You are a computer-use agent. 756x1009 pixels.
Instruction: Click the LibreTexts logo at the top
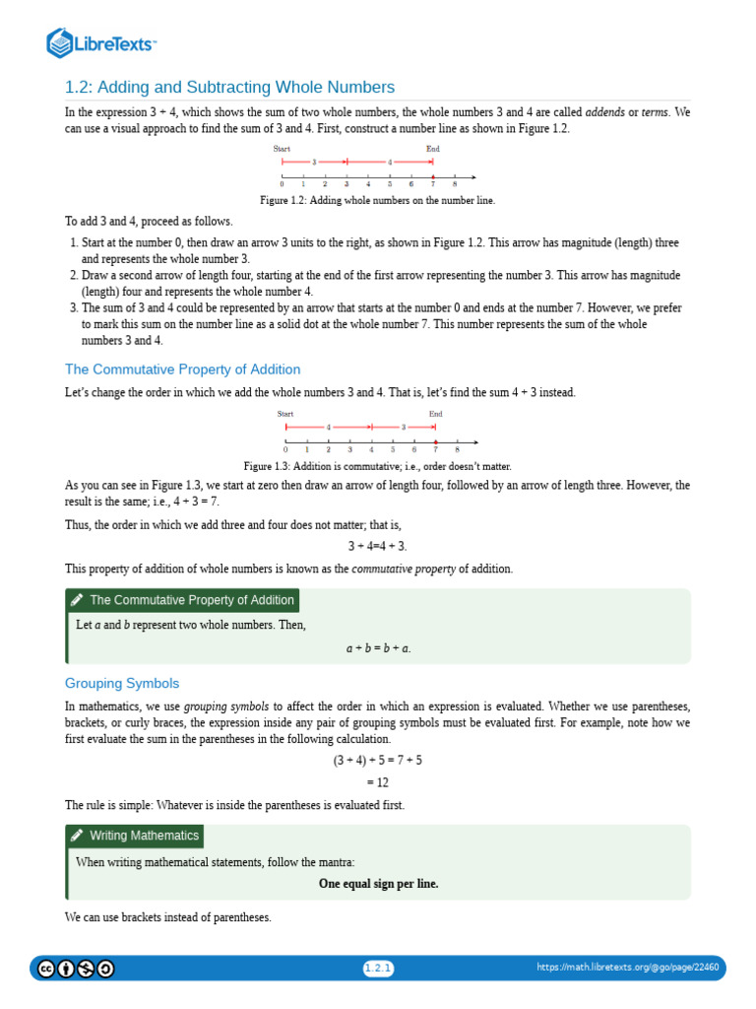pos(102,42)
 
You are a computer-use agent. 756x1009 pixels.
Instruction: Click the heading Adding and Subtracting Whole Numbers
pos(229,87)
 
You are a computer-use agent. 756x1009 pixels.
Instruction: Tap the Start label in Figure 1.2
pos(282,149)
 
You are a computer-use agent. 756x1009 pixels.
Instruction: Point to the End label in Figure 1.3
pos(436,414)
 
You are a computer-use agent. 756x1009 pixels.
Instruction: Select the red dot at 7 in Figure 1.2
pos(434,177)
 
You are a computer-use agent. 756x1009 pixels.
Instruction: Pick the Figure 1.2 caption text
pos(377,200)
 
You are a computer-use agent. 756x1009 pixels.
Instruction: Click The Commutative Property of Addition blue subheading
pos(182,370)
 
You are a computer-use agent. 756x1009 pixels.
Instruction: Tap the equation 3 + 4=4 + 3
pos(377,546)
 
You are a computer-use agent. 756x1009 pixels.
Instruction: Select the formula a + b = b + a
pos(378,648)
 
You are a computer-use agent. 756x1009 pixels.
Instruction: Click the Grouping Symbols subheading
pos(122,683)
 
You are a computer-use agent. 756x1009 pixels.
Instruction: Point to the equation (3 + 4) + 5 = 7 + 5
pos(378,761)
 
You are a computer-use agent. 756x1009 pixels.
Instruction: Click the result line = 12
pos(378,782)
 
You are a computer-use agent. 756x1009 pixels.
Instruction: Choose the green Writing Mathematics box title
pos(145,836)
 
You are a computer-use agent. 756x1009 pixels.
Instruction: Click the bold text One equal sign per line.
pos(378,884)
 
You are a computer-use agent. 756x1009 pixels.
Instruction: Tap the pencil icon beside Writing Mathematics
pos(77,836)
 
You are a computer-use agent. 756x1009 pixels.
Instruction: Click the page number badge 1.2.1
pos(378,968)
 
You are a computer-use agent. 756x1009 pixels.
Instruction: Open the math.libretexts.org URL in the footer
pos(627,968)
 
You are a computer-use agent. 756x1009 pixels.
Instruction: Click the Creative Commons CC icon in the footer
pos(45,969)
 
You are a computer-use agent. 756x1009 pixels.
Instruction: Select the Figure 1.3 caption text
pos(377,466)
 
